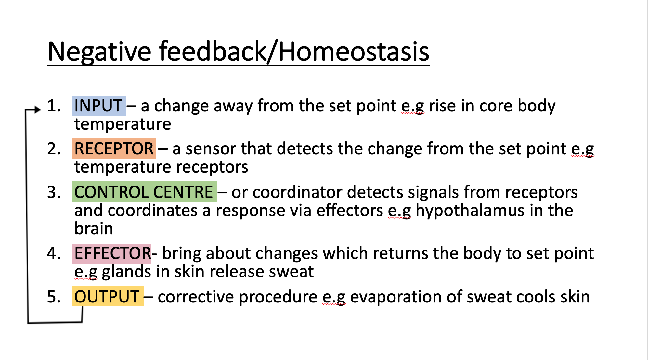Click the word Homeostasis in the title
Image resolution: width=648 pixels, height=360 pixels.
(354, 52)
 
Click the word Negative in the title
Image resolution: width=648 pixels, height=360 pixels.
(99, 52)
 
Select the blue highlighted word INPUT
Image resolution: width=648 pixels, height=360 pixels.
(98, 106)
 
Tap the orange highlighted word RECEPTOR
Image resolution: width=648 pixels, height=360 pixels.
(114, 149)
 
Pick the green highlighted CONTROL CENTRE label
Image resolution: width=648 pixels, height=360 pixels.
(144, 192)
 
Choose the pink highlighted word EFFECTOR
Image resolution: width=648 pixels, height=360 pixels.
(112, 253)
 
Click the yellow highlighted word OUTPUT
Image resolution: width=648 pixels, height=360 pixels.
(107, 297)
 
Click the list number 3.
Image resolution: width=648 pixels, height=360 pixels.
(54, 192)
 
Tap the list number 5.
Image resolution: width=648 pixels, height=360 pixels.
(54, 297)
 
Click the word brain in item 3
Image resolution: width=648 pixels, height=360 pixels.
(94, 229)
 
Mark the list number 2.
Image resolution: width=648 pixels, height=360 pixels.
(54, 149)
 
